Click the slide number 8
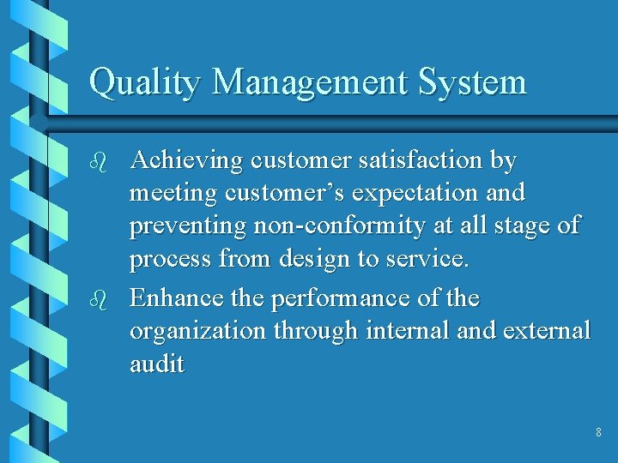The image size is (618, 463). click(598, 433)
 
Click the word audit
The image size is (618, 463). click(156, 364)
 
